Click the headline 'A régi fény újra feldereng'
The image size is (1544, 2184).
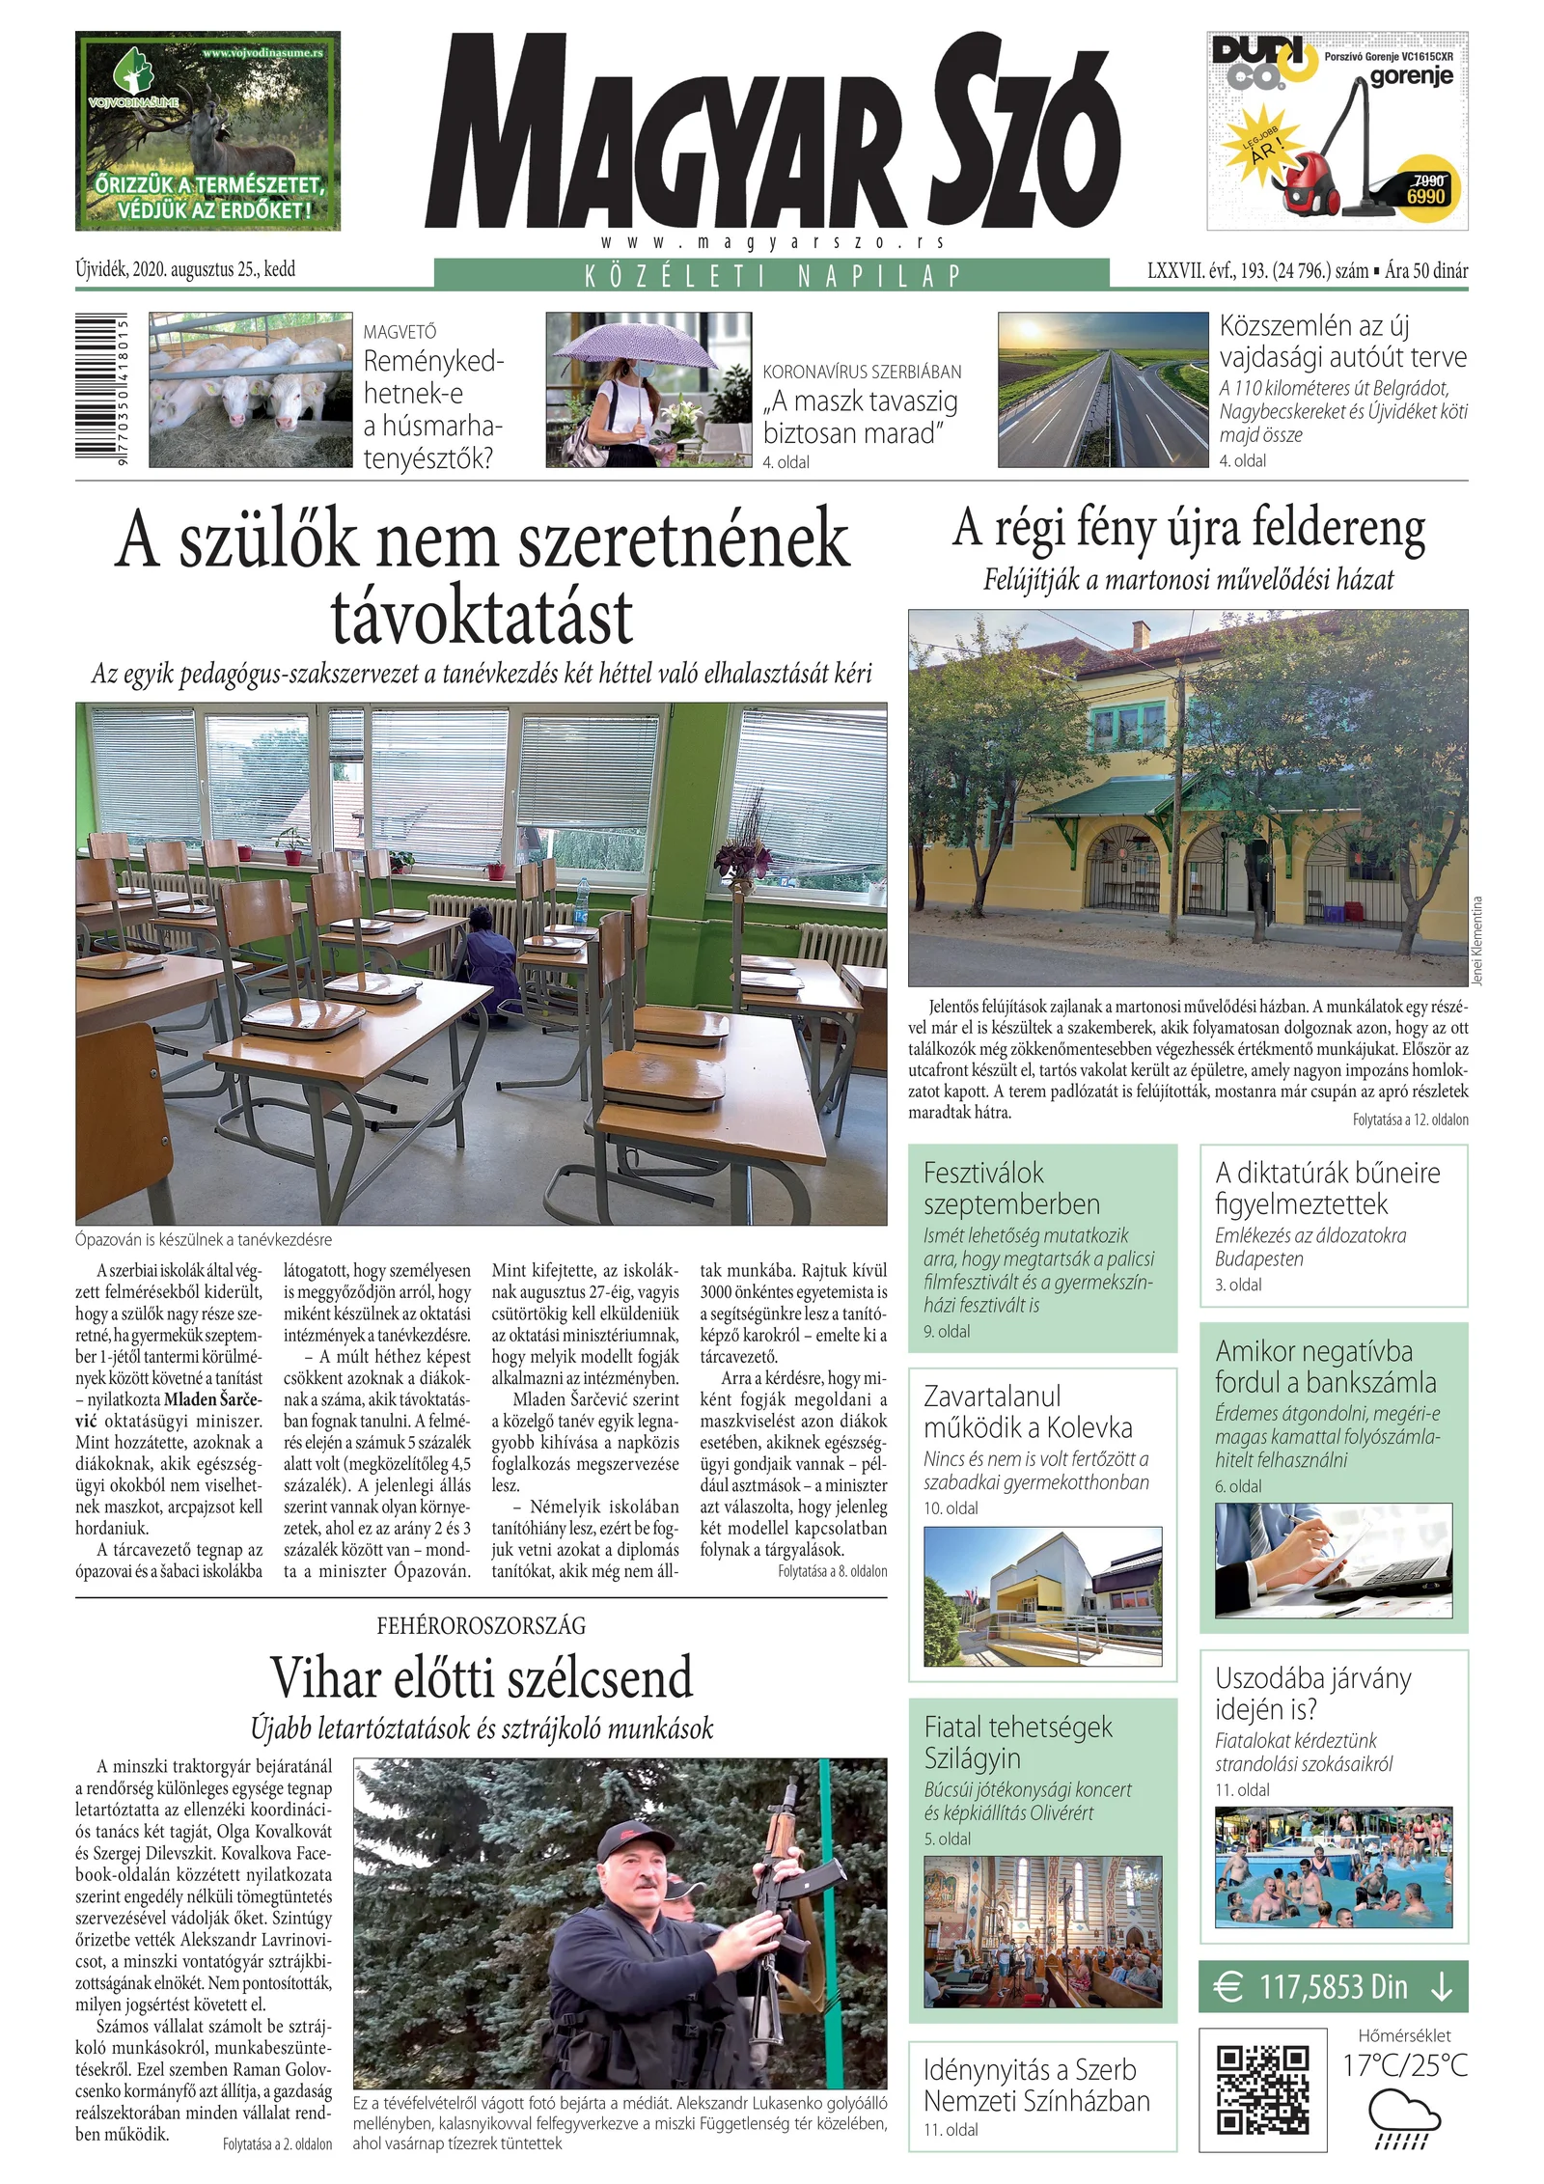(x=1188, y=529)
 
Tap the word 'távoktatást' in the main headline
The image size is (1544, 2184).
(x=482, y=617)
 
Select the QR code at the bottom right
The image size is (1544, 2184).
(x=1262, y=2089)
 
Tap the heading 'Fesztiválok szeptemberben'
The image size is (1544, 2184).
(x=1011, y=1188)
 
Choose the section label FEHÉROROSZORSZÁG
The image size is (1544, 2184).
(x=482, y=1626)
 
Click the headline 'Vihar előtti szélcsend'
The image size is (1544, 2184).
(x=482, y=1677)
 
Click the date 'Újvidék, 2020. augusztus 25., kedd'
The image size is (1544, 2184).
(x=185, y=269)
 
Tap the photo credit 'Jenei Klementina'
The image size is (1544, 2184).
(x=1477, y=941)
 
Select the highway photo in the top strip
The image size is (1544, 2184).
(x=1102, y=390)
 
